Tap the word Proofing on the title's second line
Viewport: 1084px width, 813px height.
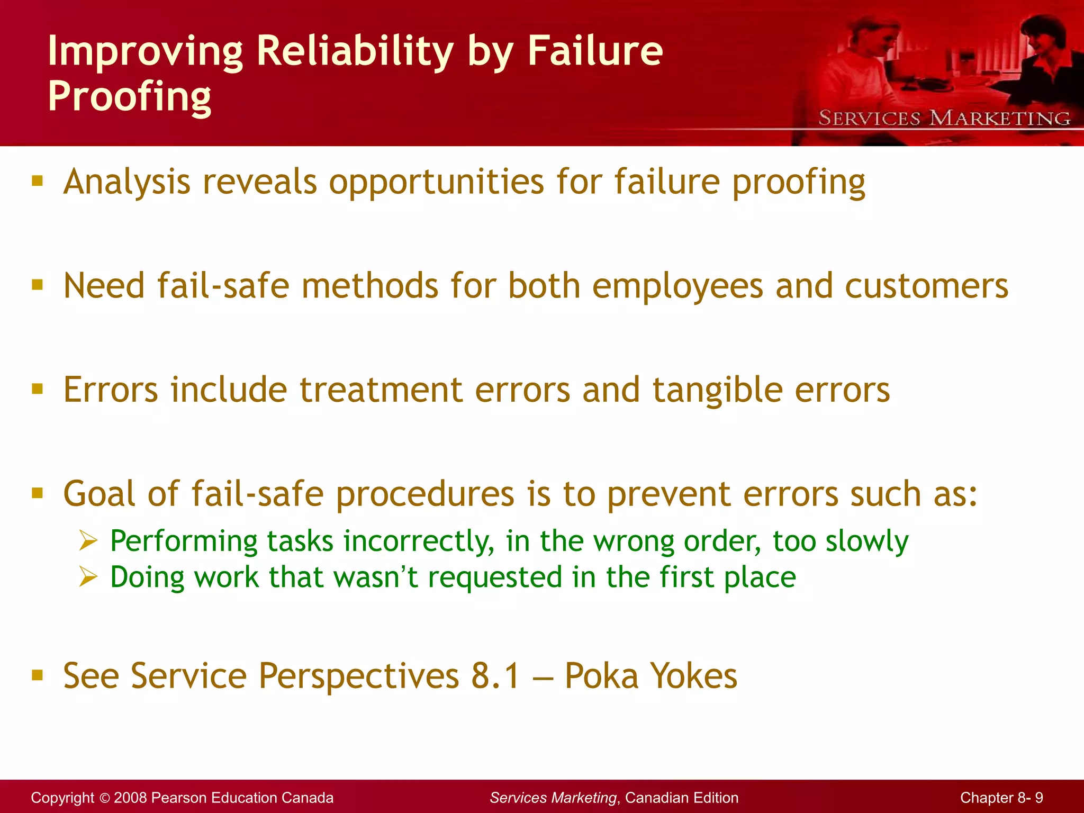pyautogui.click(x=129, y=97)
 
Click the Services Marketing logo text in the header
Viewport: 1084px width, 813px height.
pyautogui.click(x=944, y=118)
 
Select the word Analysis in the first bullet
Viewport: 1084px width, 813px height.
pyautogui.click(x=127, y=182)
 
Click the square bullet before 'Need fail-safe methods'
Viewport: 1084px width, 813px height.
pyautogui.click(x=37, y=285)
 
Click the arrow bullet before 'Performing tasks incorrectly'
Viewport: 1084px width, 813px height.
pyautogui.click(x=88, y=541)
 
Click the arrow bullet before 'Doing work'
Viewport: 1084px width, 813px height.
pyautogui.click(x=88, y=576)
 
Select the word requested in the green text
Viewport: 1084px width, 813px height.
pyautogui.click(x=495, y=577)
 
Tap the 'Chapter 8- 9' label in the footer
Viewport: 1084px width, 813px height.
pyautogui.click(x=1001, y=798)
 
